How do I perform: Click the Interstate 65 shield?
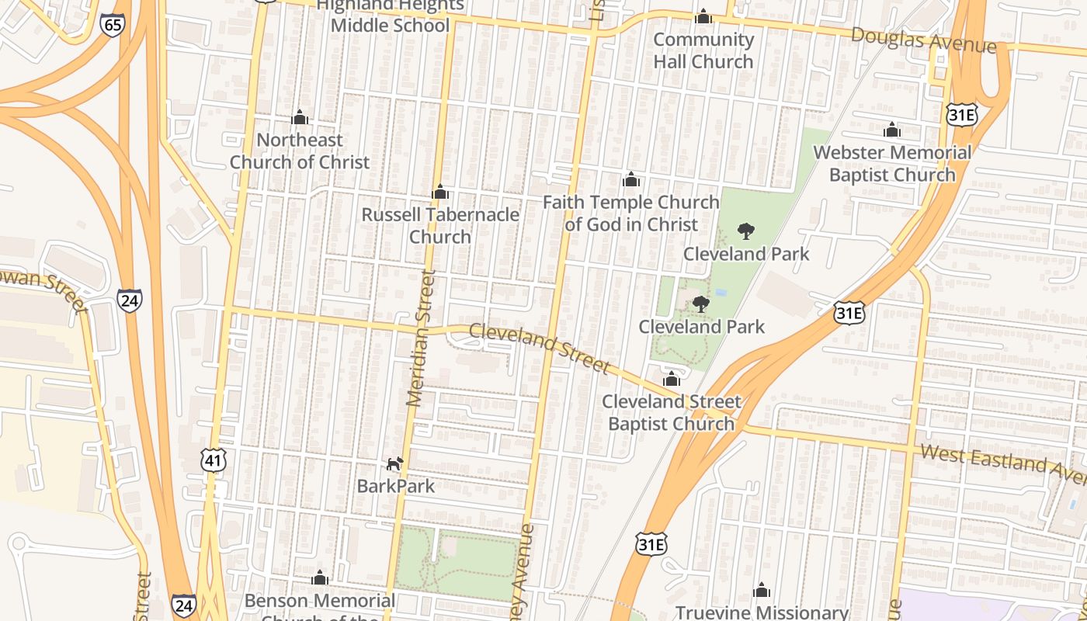[113, 25]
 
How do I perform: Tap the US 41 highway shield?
[213, 460]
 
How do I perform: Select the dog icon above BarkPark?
[395, 464]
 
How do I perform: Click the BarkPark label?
[396, 487]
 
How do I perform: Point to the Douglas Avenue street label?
[923, 40]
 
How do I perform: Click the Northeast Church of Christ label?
[300, 151]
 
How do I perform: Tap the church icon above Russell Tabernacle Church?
[440, 192]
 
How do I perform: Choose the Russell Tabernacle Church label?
[440, 225]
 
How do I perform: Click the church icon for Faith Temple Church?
[631, 180]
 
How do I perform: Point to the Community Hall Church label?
[703, 50]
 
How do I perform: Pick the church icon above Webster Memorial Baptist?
[892, 130]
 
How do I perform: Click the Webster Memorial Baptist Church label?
[892, 163]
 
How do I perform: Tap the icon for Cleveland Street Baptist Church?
[672, 379]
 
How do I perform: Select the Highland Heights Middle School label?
[390, 16]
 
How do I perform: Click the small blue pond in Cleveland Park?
[721, 293]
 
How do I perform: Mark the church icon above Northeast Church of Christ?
[300, 117]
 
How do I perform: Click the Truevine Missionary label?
[762, 612]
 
